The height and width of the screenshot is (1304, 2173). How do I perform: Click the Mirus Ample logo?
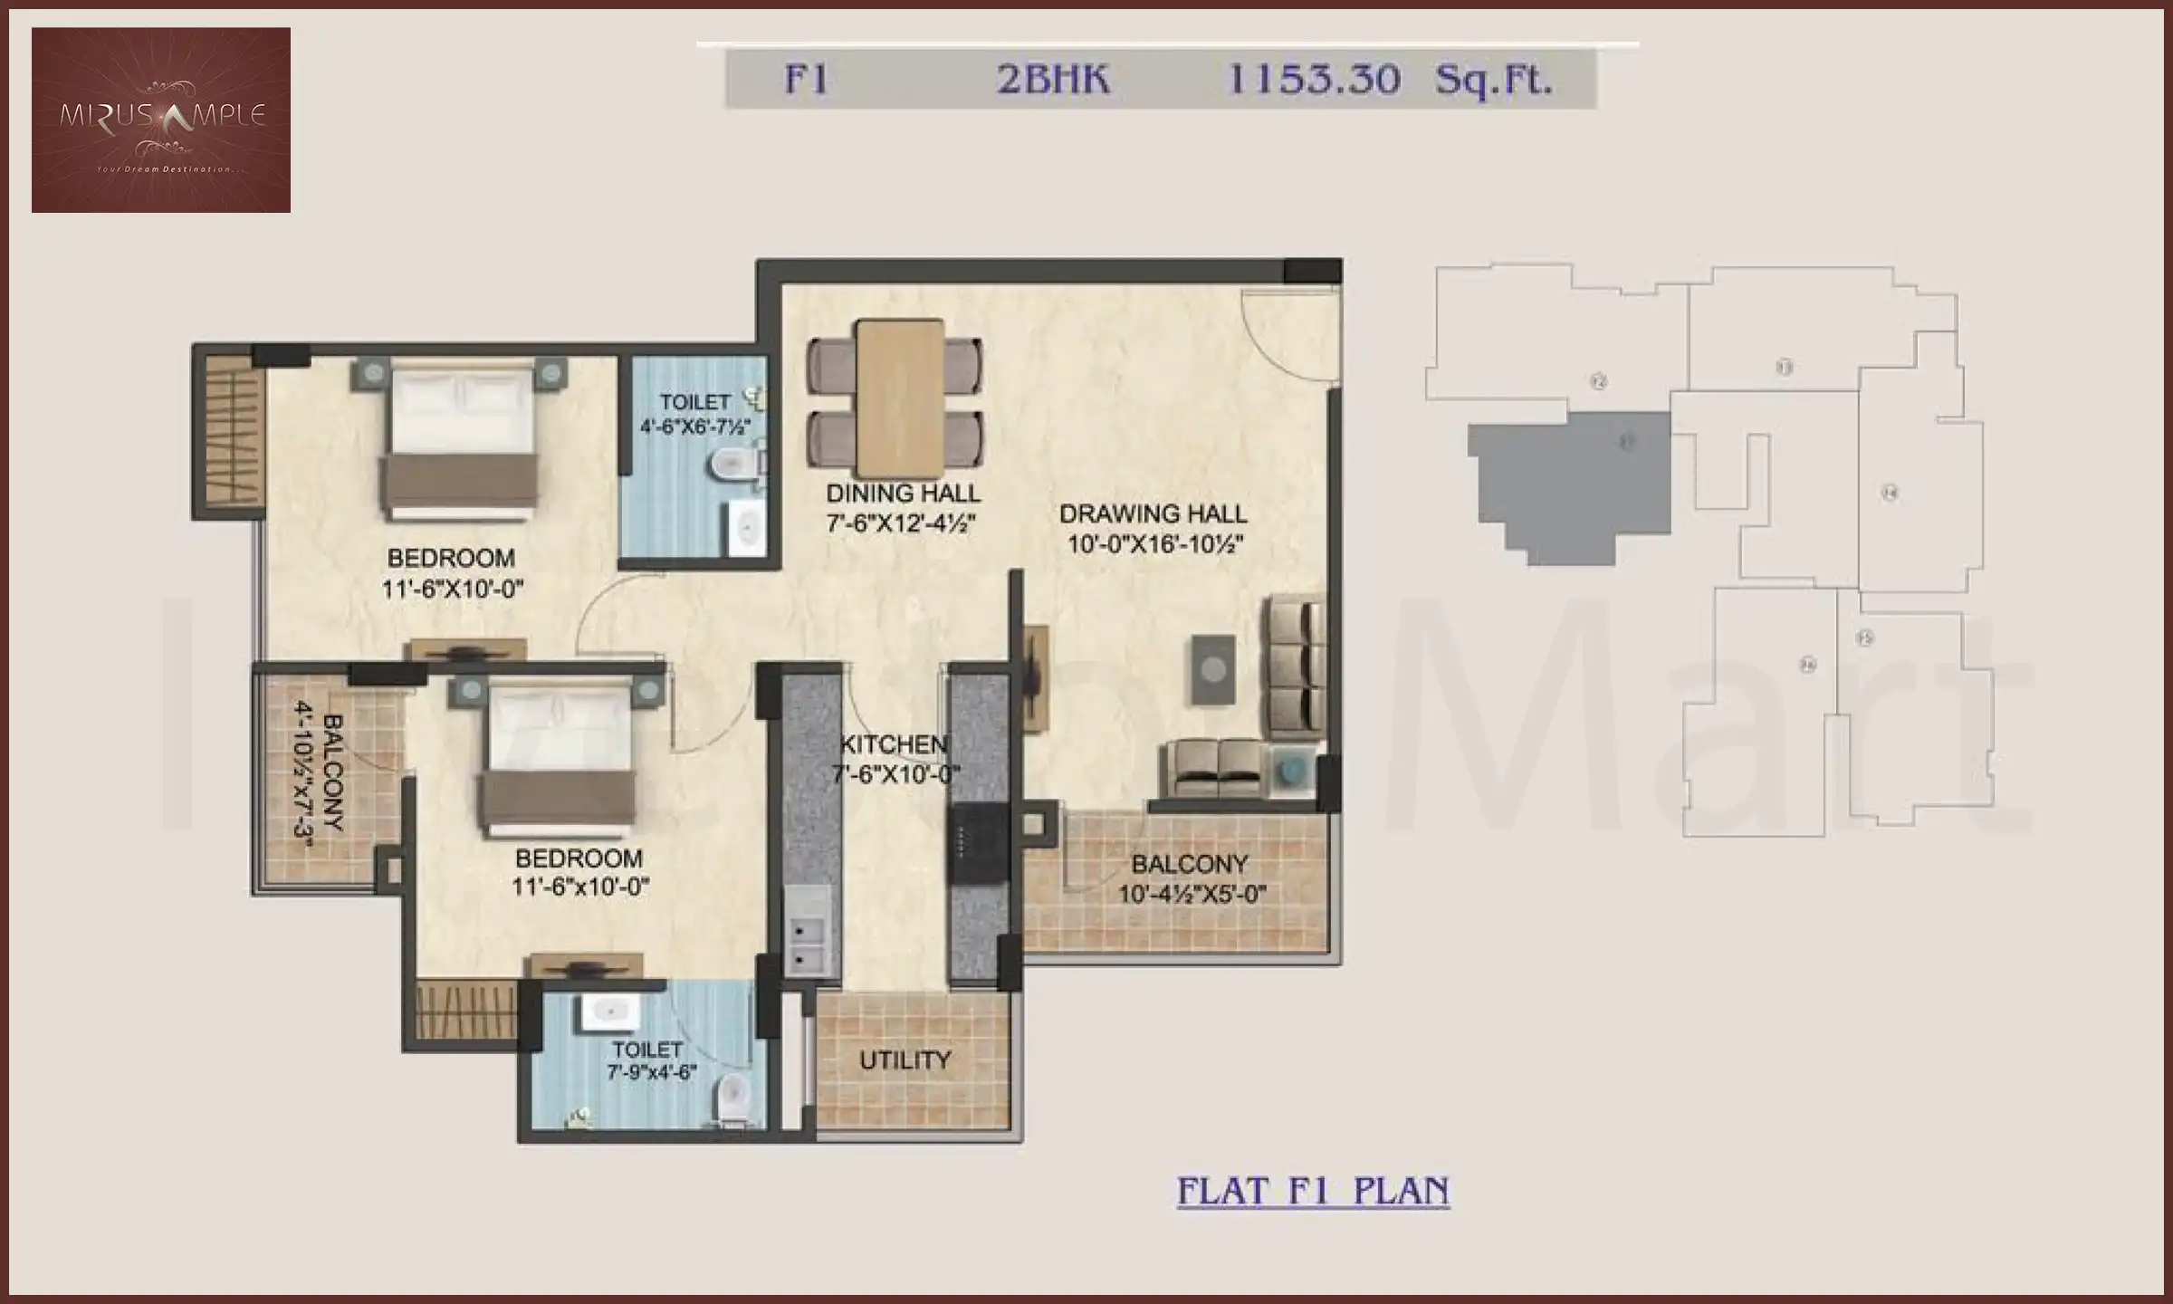point(161,120)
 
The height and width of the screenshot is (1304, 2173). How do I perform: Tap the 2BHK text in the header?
point(1052,80)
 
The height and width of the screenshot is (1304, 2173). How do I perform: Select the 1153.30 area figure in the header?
point(1312,80)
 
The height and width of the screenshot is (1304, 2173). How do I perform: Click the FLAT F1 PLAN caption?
point(1313,1191)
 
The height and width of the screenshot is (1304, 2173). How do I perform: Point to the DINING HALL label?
point(903,494)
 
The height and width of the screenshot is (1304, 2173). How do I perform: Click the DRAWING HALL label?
point(1153,514)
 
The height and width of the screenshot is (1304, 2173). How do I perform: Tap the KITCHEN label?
point(894,744)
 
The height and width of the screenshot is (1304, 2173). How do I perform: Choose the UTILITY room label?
point(905,1060)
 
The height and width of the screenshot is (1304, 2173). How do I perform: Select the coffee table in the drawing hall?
point(1213,669)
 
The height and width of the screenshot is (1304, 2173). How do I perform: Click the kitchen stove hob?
point(978,843)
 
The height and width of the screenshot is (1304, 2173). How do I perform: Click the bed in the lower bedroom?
point(559,759)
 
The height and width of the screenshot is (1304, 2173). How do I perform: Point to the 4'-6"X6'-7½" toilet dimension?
point(695,427)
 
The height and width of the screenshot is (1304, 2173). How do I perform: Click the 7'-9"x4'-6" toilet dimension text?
point(651,1073)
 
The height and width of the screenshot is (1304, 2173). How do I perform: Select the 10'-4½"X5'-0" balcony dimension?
point(1192,895)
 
